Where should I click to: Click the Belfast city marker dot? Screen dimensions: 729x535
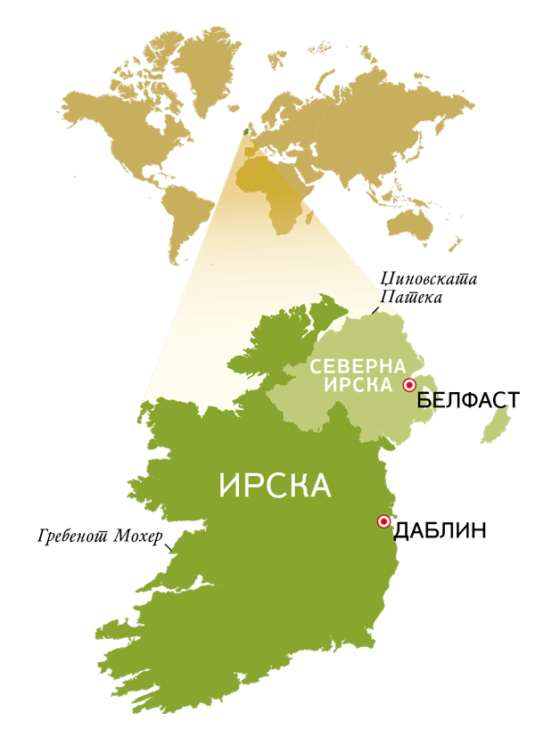(x=409, y=385)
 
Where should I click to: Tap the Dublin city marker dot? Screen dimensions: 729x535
(x=384, y=521)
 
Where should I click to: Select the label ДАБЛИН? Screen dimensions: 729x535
(x=440, y=532)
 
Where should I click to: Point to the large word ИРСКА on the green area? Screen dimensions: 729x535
(x=275, y=486)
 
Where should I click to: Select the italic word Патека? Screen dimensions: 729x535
(x=411, y=297)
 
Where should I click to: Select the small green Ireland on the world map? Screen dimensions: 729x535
(x=246, y=130)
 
